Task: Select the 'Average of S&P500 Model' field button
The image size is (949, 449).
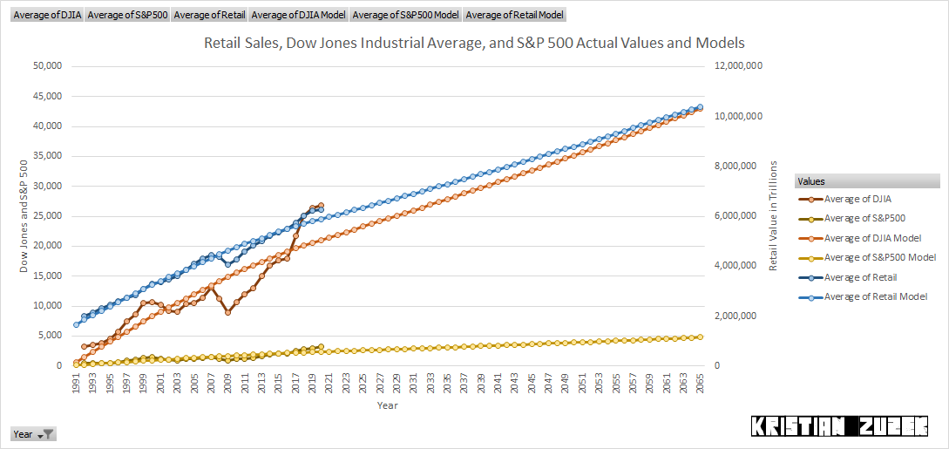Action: (405, 15)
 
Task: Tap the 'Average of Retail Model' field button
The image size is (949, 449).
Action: (515, 15)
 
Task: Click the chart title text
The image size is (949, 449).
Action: (474, 43)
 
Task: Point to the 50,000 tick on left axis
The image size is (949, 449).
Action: (47, 66)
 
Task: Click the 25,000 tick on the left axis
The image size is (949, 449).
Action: (47, 216)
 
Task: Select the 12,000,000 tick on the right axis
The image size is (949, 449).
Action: (738, 66)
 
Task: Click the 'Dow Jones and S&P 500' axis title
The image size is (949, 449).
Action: (24, 214)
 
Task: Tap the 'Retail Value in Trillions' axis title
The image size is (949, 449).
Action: (773, 214)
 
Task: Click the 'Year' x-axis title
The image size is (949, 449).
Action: (388, 405)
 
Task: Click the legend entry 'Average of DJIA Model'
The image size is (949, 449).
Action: (872, 238)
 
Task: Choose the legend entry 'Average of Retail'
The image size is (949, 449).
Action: (860, 277)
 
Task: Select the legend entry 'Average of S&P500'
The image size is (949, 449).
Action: (864, 219)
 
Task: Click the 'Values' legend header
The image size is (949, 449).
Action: (812, 181)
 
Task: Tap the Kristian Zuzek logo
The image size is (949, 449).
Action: (838, 426)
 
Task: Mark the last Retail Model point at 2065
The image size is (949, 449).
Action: (701, 108)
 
